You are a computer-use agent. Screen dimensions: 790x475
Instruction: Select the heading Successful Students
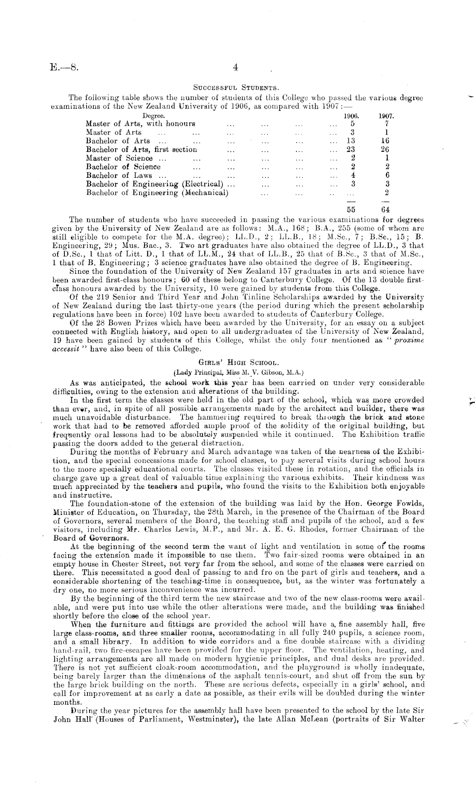[x=236, y=89]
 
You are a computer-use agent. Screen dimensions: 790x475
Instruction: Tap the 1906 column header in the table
[x=351, y=116]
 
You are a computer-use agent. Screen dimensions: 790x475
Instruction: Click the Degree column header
[x=154, y=116]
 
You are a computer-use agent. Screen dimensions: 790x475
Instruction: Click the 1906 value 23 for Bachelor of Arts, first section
[x=351, y=149]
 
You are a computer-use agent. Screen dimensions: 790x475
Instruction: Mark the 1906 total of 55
[x=351, y=210]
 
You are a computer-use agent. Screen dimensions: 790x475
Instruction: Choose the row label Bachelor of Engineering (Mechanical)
[x=157, y=192]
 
